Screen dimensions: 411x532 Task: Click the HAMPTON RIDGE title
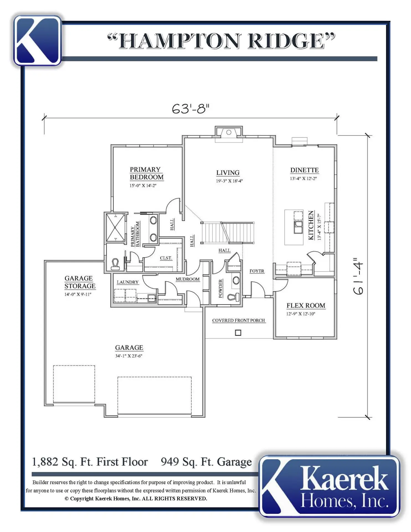click(x=221, y=41)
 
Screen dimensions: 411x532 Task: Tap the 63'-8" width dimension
click(x=191, y=109)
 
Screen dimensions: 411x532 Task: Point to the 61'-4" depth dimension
click(x=358, y=276)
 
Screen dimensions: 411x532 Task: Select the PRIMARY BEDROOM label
click(x=147, y=173)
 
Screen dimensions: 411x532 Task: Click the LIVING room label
click(x=228, y=173)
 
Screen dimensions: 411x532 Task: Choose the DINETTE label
click(x=304, y=170)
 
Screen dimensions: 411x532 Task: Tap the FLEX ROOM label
click(x=306, y=305)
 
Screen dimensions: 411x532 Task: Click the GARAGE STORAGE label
click(x=80, y=282)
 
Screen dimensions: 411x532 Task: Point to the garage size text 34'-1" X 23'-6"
click(x=129, y=356)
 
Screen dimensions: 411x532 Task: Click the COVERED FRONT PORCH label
click(x=238, y=320)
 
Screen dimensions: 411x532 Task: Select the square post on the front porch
click(x=238, y=332)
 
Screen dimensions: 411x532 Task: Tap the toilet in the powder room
click(x=234, y=297)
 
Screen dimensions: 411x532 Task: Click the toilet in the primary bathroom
click(x=115, y=264)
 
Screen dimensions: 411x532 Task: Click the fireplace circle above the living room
click(x=229, y=132)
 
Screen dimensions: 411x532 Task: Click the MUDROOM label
click(x=187, y=279)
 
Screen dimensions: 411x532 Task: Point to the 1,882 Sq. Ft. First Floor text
click(x=90, y=462)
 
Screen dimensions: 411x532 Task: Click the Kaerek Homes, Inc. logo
click(x=330, y=486)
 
